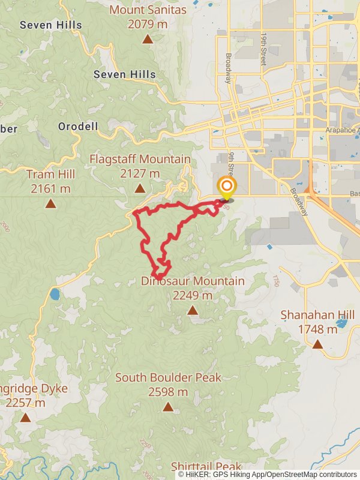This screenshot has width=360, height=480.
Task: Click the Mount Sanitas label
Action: tap(148, 10)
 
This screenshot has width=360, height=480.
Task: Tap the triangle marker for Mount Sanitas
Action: tap(147, 40)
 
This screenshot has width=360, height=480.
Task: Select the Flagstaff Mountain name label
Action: tap(140, 159)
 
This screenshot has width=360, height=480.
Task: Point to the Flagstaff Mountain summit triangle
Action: tap(139, 189)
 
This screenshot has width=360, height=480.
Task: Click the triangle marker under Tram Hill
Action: tap(51, 203)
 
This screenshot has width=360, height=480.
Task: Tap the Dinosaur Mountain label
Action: tap(193, 281)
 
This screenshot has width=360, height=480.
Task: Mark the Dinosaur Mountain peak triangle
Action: tap(192, 310)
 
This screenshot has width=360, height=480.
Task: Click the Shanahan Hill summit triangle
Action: tap(317, 344)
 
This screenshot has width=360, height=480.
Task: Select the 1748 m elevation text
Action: tap(317, 329)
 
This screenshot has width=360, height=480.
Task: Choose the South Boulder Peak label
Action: tap(168, 377)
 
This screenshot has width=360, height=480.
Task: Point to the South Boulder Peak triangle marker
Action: tap(168, 407)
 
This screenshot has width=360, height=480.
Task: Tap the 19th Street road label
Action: tap(263, 57)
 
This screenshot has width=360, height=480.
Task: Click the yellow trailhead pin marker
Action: tap(226, 187)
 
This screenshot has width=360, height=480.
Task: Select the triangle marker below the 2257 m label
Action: tap(25, 417)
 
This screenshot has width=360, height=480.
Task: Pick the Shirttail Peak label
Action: tap(206, 466)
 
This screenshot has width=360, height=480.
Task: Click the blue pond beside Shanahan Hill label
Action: tap(342, 323)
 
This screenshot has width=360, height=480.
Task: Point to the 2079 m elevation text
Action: tap(148, 24)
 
